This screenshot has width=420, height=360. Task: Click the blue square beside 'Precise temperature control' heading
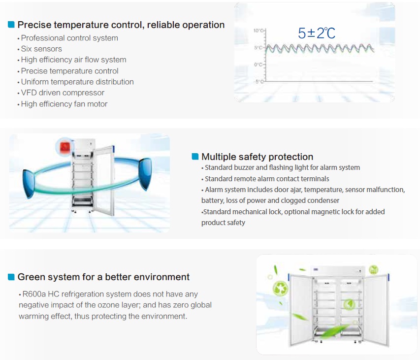tap(11, 25)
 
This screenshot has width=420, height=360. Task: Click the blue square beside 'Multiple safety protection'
tap(195, 157)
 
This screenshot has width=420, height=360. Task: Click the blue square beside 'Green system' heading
tap(11, 277)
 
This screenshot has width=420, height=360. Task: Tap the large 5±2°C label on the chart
tap(317, 33)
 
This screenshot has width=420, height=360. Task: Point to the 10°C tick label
tap(258, 31)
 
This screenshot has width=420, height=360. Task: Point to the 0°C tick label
tap(258, 65)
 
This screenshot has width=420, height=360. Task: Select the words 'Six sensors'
tap(41, 49)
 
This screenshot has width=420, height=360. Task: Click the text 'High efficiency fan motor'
tap(64, 104)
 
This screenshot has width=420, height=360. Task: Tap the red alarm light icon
tap(65, 147)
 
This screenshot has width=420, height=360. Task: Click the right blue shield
tap(145, 173)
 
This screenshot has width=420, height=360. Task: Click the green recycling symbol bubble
tap(281, 289)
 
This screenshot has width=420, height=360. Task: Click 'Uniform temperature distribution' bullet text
tap(77, 82)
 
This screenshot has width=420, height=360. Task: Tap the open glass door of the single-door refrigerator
tap(104, 181)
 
